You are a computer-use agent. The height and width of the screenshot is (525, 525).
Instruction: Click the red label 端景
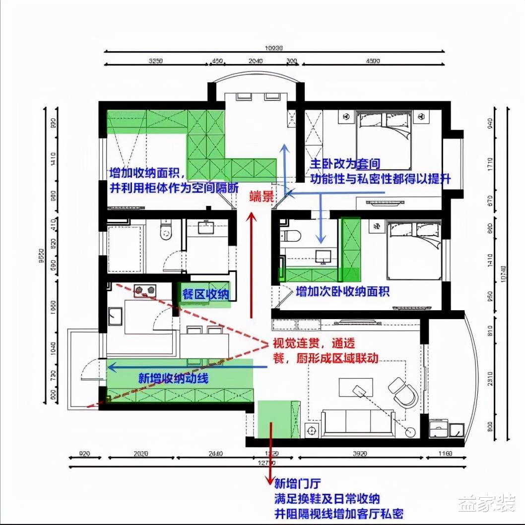pyautogui.click(x=261, y=197)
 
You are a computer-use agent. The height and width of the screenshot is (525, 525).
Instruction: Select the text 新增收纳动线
pyautogui.click(x=173, y=379)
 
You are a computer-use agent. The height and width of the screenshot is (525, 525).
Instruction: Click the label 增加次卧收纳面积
pyautogui.click(x=342, y=291)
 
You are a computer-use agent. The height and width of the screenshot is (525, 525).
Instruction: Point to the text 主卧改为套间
pyautogui.click(x=345, y=164)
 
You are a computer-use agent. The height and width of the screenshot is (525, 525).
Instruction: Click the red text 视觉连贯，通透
pyautogui.click(x=321, y=343)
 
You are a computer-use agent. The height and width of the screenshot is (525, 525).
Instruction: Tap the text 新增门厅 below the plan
pyautogui.click(x=296, y=484)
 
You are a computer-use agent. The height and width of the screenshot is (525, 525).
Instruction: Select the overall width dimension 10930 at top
pyautogui.click(x=273, y=49)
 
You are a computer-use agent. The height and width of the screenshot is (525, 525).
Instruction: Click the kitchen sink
pyautogui.click(x=115, y=316)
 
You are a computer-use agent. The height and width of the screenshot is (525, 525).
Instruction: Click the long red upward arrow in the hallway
pyautogui.click(x=252, y=263)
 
